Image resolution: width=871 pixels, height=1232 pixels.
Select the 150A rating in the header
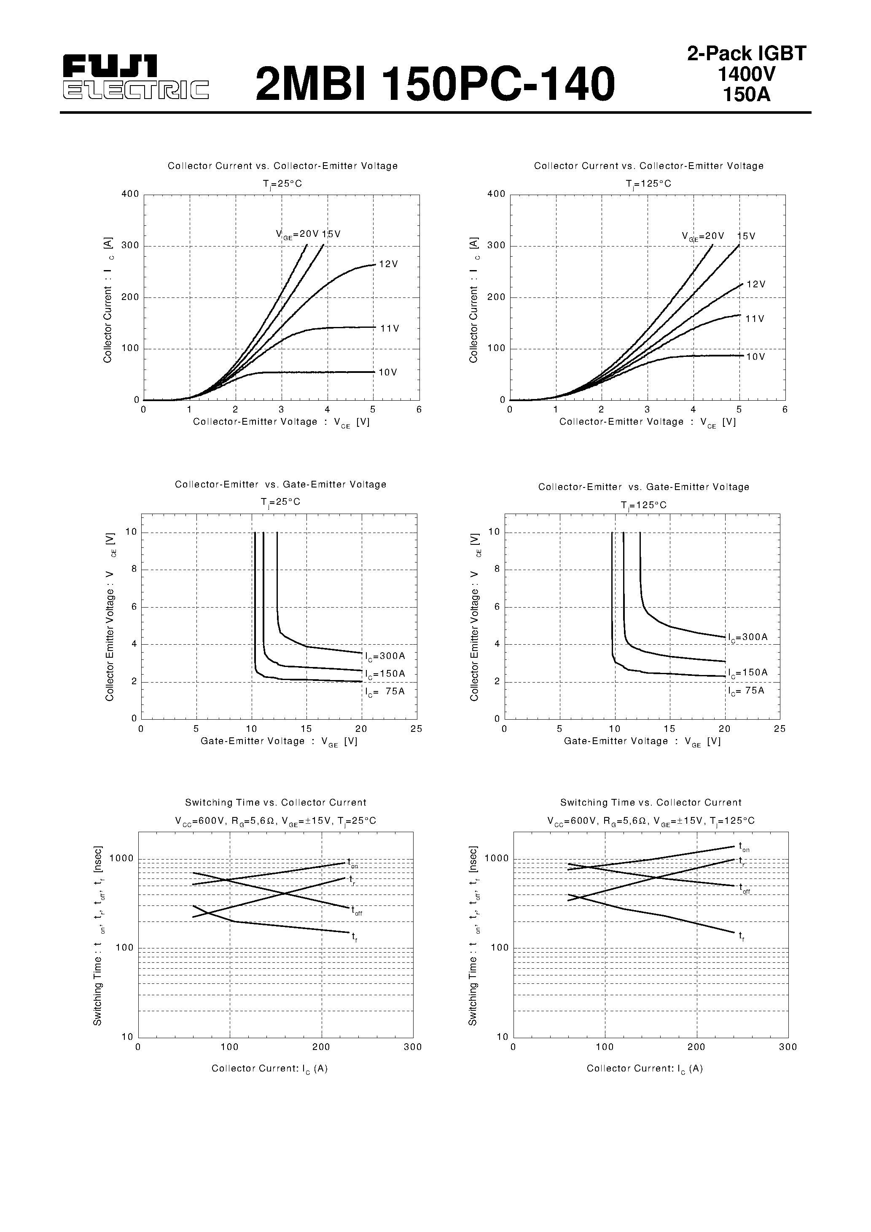pyautogui.click(x=746, y=94)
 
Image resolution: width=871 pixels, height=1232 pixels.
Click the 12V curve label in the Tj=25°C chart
pyautogui.click(x=388, y=265)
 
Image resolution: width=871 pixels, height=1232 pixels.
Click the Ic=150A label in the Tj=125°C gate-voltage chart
pyautogui.click(x=748, y=673)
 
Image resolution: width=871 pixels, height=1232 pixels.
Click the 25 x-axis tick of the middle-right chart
pyautogui.click(x=780, y=728)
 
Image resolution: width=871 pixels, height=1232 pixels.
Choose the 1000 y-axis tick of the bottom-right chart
pyautogui.click(x=497, y=859)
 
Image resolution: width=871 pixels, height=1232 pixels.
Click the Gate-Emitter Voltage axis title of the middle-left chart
pyautogui.click(x=279, y=742)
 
